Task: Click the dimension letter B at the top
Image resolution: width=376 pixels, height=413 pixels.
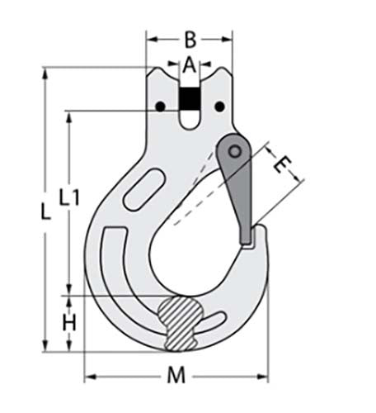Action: coord(189,38)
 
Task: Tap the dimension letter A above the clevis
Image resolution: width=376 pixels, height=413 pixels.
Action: coord(189,64)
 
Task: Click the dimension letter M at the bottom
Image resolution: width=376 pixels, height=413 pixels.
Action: coord(175,376)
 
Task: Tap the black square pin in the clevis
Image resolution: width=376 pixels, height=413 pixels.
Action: coord(189,100)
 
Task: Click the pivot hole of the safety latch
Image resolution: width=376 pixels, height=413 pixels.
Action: coord(236,151)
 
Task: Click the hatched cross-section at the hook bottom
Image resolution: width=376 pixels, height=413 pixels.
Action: coord(183,320)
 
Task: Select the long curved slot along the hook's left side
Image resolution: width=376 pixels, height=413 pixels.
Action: coord(110,273)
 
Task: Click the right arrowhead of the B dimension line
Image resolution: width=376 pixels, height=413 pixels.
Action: coord(228,38)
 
